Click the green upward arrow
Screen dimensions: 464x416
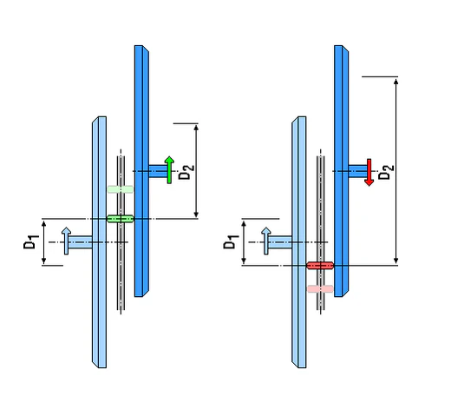[169, 170]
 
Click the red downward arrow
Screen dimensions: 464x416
[369, 173]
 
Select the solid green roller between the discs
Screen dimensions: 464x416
[121, 219]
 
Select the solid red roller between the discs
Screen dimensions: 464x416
[320, 266]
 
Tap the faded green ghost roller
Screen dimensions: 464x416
[121, 189]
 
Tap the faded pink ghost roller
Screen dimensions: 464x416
[321, 289]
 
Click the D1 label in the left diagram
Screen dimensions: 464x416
[31, 241]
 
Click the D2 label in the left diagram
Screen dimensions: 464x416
[186, 172]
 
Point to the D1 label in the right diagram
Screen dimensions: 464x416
[231, 241]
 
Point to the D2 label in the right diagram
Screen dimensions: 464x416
[387, 172]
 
